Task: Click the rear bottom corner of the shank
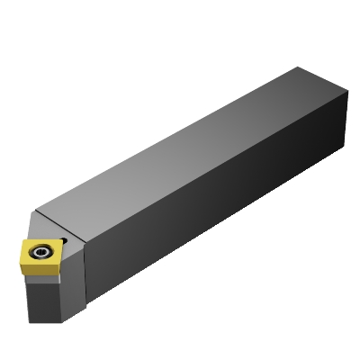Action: tap(346, 144)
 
